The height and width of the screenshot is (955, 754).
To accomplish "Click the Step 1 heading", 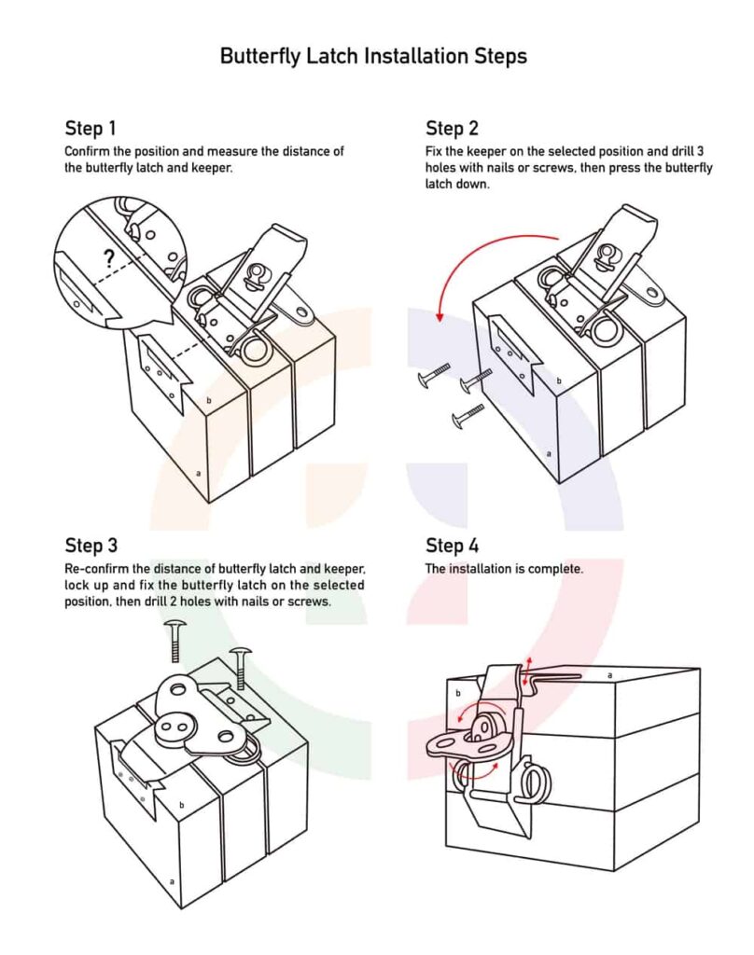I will pos(91,128).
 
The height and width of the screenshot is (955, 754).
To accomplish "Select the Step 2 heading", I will pos(452,128).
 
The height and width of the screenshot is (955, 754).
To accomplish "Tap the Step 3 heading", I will pos(91,546).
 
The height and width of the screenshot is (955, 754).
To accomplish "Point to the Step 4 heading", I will pos(452,546).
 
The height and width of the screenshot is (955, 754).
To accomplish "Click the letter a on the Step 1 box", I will pos(198,474).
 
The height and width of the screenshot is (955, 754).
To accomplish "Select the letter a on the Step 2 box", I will pos(549,454).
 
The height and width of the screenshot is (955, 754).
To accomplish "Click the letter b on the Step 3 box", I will pos(181,805).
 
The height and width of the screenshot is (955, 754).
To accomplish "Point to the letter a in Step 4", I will pos(609,673).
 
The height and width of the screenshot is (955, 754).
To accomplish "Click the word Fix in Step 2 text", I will pos(435,151).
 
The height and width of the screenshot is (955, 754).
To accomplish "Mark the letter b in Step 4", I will pos(459,694).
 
